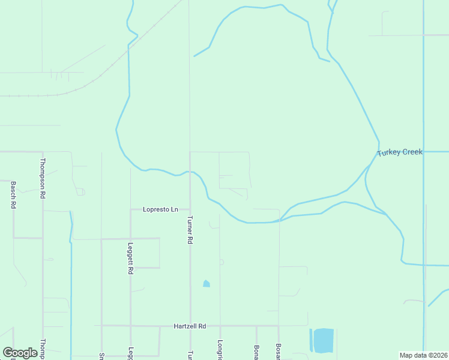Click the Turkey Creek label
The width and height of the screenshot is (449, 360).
[400, 152]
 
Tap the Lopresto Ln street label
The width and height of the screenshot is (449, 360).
[160, 209]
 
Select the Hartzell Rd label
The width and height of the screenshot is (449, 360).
[190, 326]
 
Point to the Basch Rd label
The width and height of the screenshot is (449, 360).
[13, 195]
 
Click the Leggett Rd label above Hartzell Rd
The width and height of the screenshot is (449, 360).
[130, 258]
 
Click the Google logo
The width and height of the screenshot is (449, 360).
[20, 353]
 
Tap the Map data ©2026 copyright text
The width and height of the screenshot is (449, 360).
[423, 355]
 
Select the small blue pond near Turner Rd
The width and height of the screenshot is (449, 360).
[206, 283]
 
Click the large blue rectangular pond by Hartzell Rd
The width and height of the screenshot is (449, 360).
[324, 340]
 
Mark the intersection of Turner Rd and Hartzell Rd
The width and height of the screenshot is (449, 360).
[190, 326]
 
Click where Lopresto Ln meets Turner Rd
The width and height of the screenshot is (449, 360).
[190, 209]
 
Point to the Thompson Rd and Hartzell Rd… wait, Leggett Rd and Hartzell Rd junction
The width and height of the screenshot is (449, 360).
[130, 326]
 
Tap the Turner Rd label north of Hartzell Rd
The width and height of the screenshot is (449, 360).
[190, 229]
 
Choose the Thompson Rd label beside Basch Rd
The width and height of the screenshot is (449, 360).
[43, 178]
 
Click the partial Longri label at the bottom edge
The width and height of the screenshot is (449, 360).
[220, 350]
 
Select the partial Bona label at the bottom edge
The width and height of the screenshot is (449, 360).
[256, 352]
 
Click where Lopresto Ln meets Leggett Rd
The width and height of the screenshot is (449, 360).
[131, 209]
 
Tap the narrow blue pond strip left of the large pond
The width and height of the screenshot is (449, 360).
[311, 340]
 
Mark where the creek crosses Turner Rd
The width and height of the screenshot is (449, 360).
[190, 172]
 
